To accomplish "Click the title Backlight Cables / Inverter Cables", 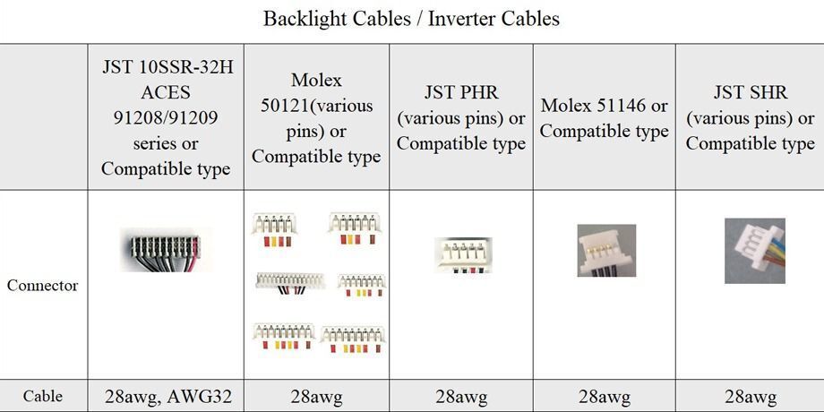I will click(x=411, y=19).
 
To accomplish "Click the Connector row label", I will click(x=42, y=286).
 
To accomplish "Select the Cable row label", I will click(x=42, y=396).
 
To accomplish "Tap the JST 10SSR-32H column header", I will click(x=166, y=117).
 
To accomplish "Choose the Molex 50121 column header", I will click(x=316, y=118).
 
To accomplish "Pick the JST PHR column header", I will click(x=461, y=118).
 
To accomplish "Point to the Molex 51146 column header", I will click(x=605, y=118).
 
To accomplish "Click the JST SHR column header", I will click(x=750, y=117).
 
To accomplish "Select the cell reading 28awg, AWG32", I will click(x=166, y=396).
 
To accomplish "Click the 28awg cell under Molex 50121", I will click(x=316, y=396).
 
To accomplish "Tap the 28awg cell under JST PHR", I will click(x=461, y=396).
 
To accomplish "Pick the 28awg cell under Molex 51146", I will click(x=605, y=396).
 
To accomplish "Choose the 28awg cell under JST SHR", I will click(x=750, y=396).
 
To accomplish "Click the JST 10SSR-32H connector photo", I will click(x=166, y=249).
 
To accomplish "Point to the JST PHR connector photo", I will click(x=463, y=254).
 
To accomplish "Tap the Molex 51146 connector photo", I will click(x=606, y=250).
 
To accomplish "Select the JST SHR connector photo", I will click(x=754, y=251).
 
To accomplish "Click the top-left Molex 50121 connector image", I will click(x=274, y=229).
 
